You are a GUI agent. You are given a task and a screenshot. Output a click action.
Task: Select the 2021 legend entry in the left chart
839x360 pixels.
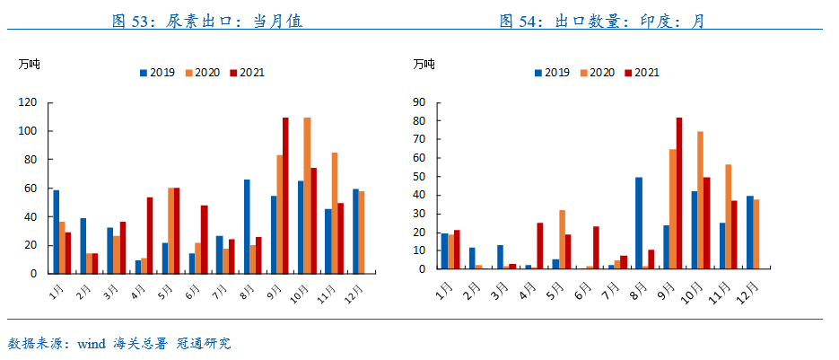coord(247,73)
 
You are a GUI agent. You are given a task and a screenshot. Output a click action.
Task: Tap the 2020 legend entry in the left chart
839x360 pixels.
coord(202,73)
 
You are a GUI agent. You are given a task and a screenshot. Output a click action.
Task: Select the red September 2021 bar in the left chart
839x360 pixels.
coord(285,195)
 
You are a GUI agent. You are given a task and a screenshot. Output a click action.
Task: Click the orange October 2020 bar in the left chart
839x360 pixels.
coord(307,195)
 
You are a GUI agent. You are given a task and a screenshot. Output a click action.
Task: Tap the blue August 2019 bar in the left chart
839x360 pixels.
coord(247,226)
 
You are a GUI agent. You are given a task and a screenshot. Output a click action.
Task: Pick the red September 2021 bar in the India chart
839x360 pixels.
coord(679,193)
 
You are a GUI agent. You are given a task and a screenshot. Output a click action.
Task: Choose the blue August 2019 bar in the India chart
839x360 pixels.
coord(639,223)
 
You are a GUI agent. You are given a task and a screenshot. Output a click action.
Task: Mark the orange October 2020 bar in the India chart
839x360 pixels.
coord(700,200)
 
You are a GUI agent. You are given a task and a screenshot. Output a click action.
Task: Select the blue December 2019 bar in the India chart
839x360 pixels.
coord(750,233)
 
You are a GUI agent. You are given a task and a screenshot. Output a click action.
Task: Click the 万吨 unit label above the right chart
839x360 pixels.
coord(424,64)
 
